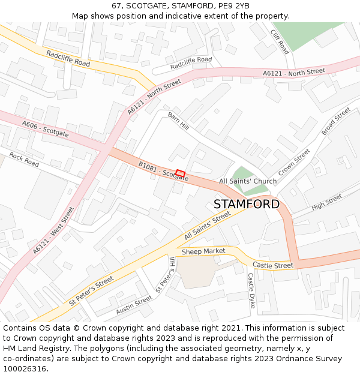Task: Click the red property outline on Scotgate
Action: tap(180, 173)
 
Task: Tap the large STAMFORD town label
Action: tap(246, 204)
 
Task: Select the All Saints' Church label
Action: tap(248, 181)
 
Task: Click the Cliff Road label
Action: tap(280, 42)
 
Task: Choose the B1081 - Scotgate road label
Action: tap(163, 171)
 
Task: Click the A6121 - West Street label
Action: tap(54, 230)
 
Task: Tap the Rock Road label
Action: tap(24, 160)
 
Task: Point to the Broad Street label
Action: tap(335, 122)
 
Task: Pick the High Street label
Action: tap(326, 202)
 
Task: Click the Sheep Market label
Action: tap(203, 251)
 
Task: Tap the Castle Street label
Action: tap(273, 265)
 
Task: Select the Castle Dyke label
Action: tap(251, 291)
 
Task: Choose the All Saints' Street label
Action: tap(208, 226)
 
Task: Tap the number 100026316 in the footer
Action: tap(24, 368)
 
